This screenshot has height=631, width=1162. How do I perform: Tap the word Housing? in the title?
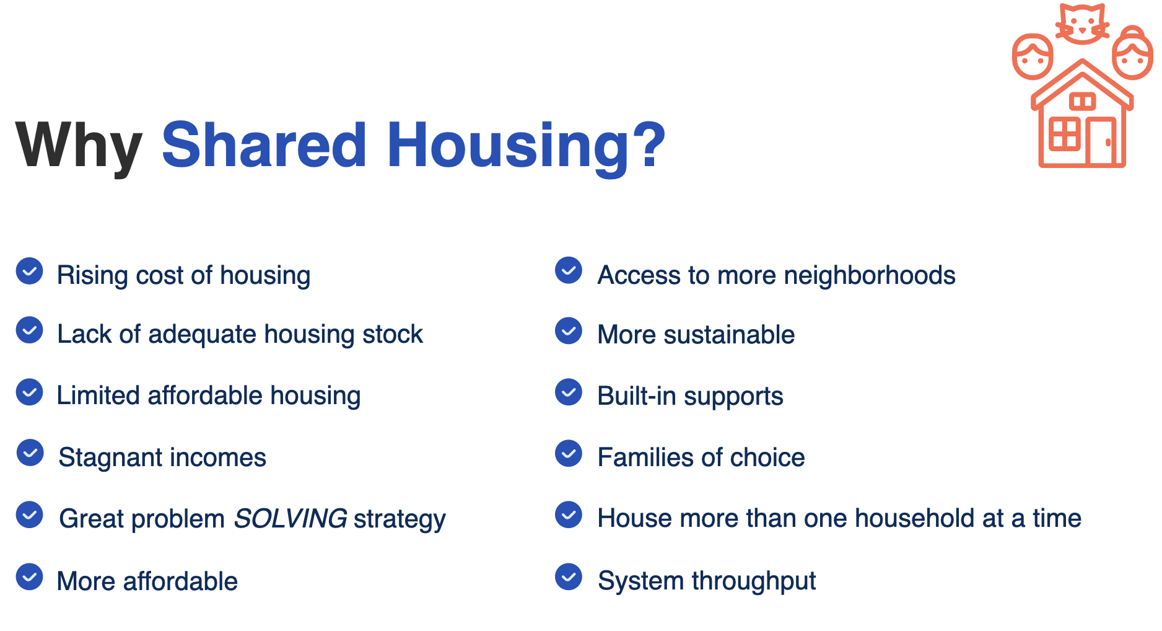(x=526, y=146)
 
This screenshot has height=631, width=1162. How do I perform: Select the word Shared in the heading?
(x=264, y=144)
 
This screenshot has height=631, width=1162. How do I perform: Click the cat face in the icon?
(x=1082, y=24)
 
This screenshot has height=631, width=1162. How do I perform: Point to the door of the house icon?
(x=1101, y=141)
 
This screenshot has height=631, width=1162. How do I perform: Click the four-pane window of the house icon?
(x=1065, y=134)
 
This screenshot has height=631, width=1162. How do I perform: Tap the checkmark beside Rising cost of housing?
(x=29, y=271)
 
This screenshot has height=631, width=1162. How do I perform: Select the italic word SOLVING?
(x=290, y=518)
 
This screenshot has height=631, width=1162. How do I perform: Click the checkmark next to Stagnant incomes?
(x=30, y=453)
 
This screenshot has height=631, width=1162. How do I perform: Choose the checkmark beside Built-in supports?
(x=569, y=392)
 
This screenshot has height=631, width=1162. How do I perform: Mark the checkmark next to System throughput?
(x=569, y=576)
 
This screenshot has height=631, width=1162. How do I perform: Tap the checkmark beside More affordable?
(x=29, y=577)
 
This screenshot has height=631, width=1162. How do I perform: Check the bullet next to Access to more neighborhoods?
(x=569, y=270)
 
